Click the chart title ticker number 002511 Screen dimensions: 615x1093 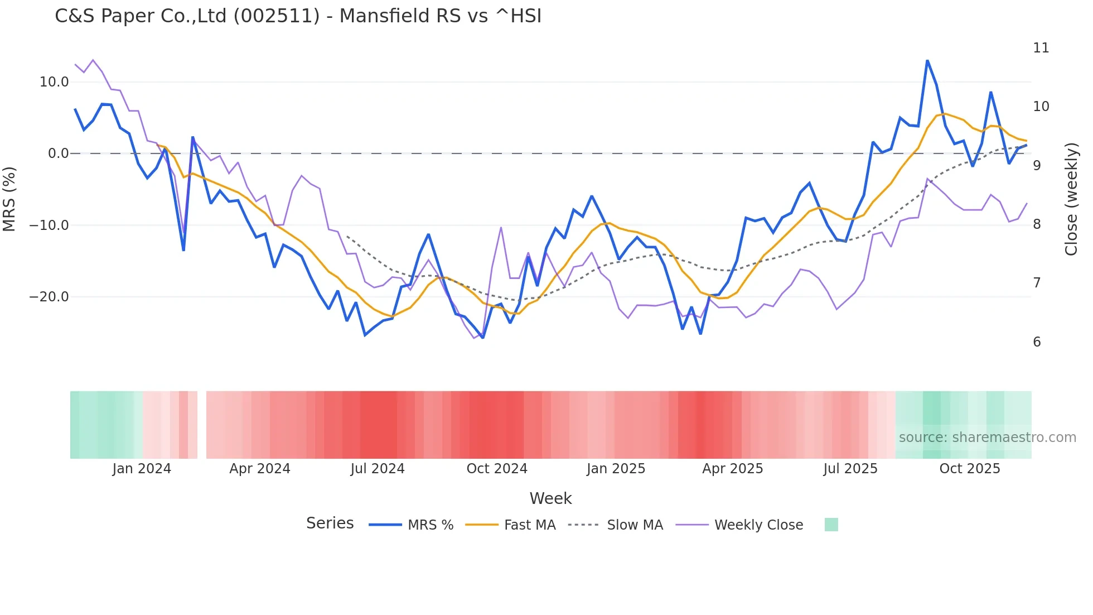tap(277, 16)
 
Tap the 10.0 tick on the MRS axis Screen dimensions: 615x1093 tap(54, 82)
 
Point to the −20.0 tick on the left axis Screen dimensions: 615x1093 tap(50, 297)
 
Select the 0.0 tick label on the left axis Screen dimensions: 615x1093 tap(59, 153)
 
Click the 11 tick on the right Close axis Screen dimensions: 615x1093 tap(1041, 48)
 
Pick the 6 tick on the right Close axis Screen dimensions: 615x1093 tap(1037, 342)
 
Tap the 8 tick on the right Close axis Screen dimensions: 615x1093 tap(1037, 224)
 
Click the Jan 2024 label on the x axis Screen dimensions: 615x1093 tap(142, 469)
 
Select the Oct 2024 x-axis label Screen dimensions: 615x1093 tap(497, 469)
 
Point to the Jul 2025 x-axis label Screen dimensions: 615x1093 tap(850, 469)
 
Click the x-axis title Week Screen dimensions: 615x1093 tap(550, 498)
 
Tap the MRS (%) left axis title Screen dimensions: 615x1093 tap(9, 199)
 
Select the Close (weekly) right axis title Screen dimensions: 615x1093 tap(1071, 199)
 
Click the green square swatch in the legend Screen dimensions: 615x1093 tap(831, 525)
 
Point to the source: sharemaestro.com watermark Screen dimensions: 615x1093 tap(987, 438)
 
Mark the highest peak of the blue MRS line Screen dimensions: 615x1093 tap(927, 61)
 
